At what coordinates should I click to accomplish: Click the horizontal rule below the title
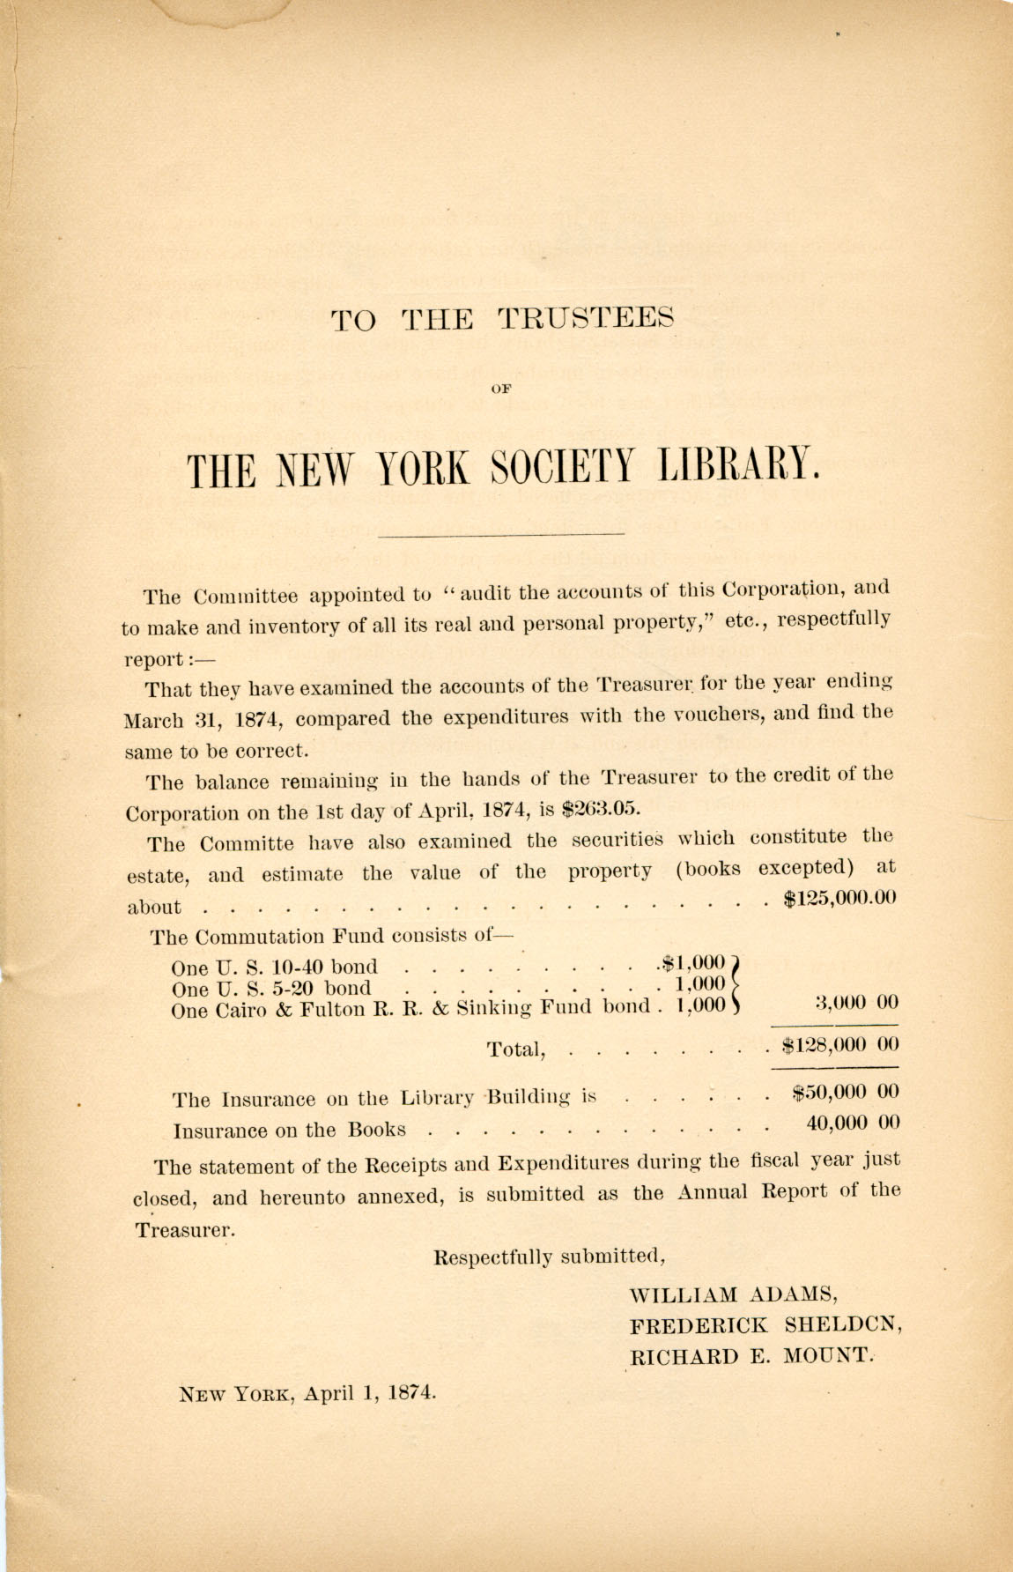click(x=499, y=534)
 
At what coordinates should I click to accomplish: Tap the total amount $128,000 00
click(x=839, y=1045)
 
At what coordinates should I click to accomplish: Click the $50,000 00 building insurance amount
click(x=845, y=1093)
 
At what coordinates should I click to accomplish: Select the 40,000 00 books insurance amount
click(x=852, y=1123)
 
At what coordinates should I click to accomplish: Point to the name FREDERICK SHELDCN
click(x=765, y=1325)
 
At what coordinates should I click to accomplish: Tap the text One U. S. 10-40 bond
click(x=274, y=966)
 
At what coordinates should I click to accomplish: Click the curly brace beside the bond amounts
click(x=738, y=984)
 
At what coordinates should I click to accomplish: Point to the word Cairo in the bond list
click(x=238, y=1011)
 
